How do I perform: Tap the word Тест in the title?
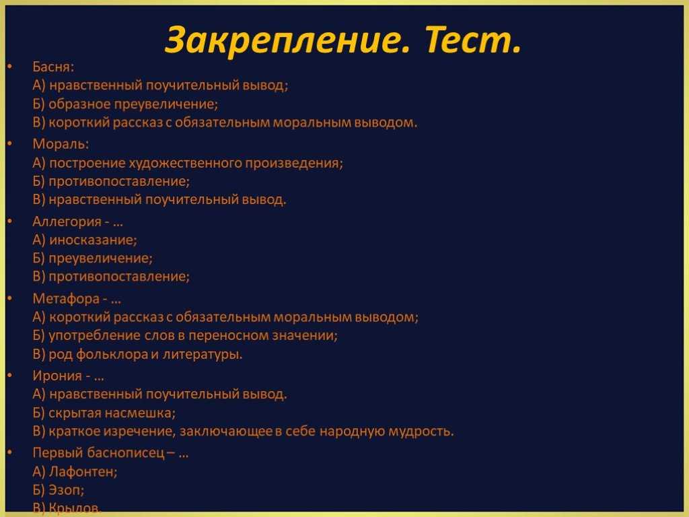coord(472,42)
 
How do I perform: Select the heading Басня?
coord(53,67)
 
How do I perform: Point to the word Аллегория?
coord(67,221)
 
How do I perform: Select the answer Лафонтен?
coord(81,472)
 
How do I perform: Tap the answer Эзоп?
coord(65,490)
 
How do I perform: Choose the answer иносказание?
coord(92,239)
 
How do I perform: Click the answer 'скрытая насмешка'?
coord(112,413)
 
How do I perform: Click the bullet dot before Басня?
coord(9,67)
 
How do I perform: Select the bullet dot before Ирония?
coord(9,376)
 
